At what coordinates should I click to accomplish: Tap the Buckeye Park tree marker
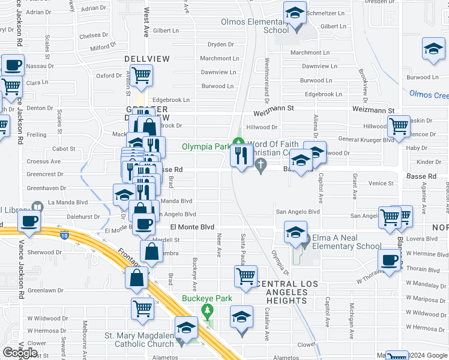[208, 311]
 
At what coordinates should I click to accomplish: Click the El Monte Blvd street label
[192, 227]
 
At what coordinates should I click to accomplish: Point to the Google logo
[20, 353]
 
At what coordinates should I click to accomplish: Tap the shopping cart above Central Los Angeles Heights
[246, 276]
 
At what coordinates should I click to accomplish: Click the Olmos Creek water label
[429, 95]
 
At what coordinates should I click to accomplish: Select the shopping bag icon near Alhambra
[152, 251]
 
